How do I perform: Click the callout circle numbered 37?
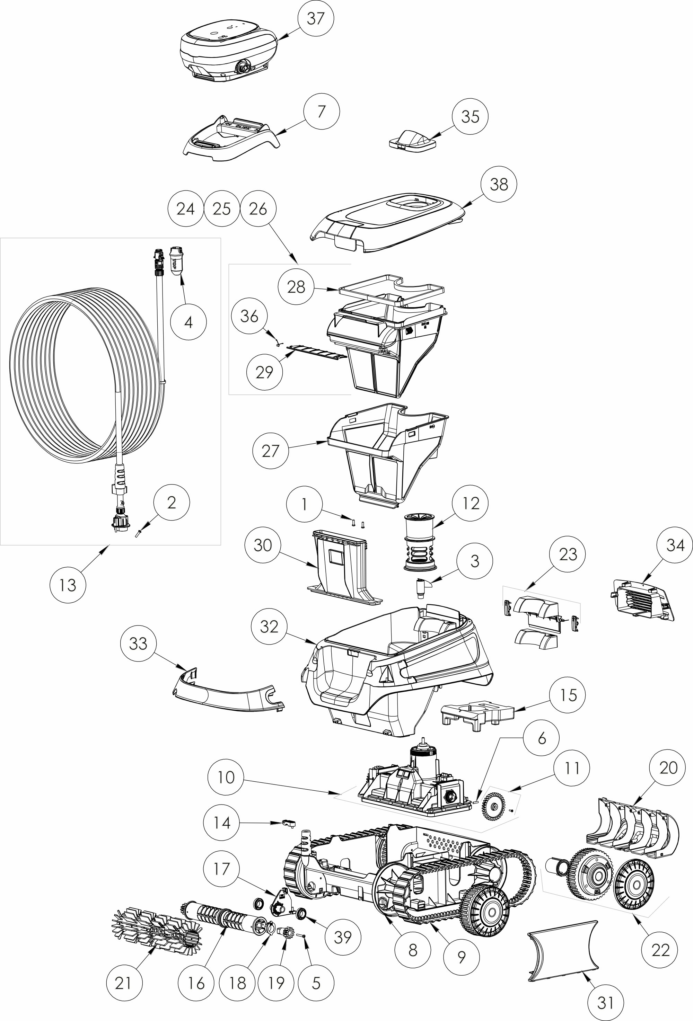315,18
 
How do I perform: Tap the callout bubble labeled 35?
470,116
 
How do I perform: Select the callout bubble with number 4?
188,322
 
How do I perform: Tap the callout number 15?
568,695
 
